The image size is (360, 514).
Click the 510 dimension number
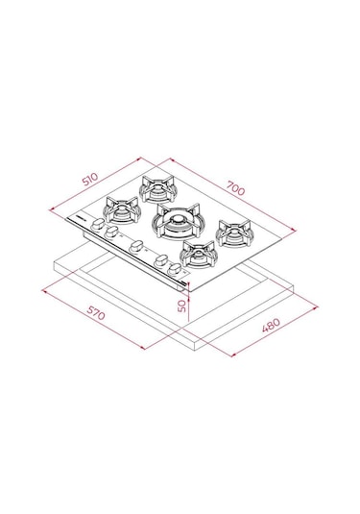[x=89, y=179]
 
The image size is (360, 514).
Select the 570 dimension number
[x=93, y=313]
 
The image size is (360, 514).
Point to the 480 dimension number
[x=272, y=329]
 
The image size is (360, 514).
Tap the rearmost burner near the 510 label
[x=156, y=184]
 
